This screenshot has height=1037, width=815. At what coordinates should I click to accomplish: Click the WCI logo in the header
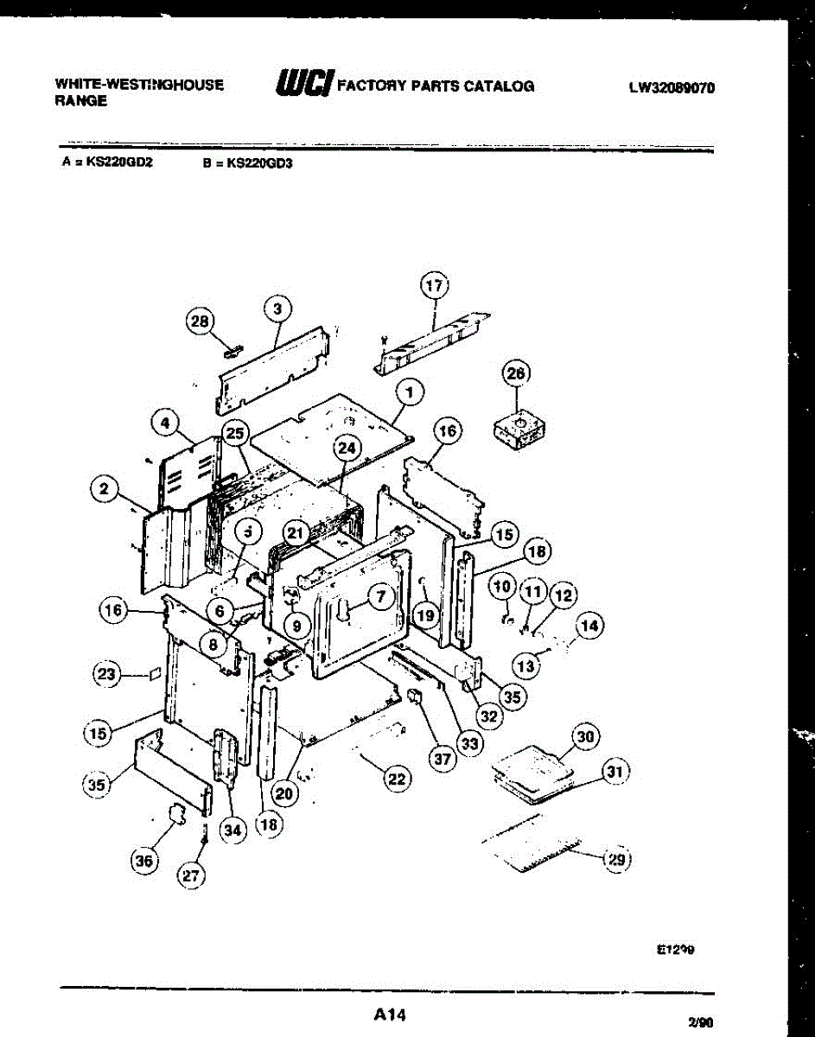pyautogui.click(x=303, y=83)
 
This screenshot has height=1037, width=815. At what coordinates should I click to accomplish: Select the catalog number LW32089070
pyautogui.click(x=672, y=87)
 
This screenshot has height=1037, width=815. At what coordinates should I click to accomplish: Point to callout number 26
pyautogui.click(x=516, y=373)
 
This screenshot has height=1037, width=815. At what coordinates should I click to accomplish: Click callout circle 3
pyautogui.click(x=277, y=309)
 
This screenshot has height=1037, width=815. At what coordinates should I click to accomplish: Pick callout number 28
pyautogui.click(x=200, y=321)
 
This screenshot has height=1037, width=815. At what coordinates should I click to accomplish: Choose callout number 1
pyautogui.click(x=410, y=392)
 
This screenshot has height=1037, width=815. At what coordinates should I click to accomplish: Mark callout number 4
pyautogui.click(x=164, y=423)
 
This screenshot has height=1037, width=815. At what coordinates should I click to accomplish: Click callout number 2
pyautogui.click(x=104, y=490)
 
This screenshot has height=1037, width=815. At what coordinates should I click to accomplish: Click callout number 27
pyautogui.click(x=191, y=875)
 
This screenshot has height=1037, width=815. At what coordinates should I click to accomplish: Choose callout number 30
pyautogui.click(x=586, y=736)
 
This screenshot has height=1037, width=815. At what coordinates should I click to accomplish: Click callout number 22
pyautogui.click(x=396, y=779)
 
